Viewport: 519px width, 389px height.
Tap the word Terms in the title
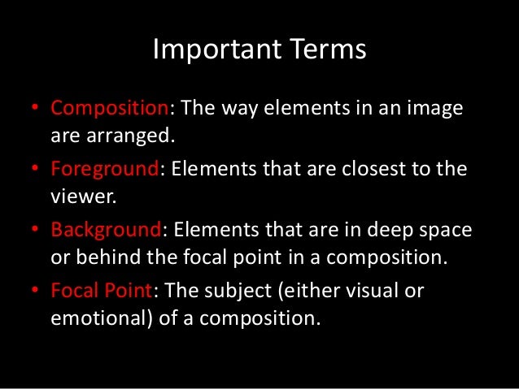coord(325,50)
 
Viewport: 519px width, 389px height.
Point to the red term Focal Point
coord(101,291)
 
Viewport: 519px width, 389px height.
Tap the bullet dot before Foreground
coord(37,171)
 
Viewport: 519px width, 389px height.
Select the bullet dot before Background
coord(37,231)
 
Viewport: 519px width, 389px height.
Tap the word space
coord(447,231)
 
